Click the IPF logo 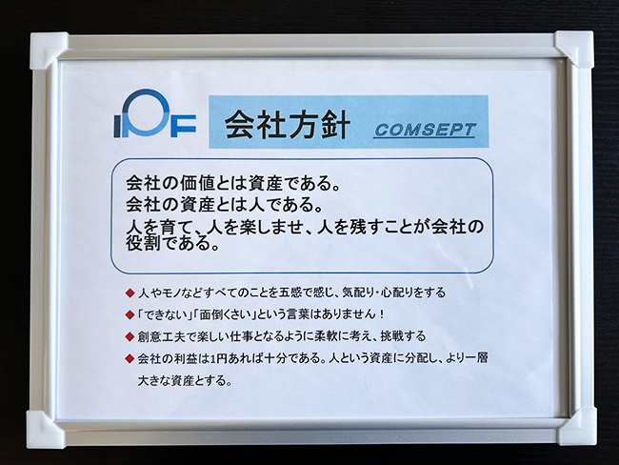(154, 113)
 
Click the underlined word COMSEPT (425, 131)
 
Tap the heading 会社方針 (288, 124)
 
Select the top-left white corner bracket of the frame (48, 51)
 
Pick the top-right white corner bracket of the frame (574, 50)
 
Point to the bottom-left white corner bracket (45, 430)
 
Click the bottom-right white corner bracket (576, 428)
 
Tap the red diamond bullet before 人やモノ (130, 293)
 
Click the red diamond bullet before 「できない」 (130, 314)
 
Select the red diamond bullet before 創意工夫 (130, 336)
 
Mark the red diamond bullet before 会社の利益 (130, 358)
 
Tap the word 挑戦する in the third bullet (403, 336)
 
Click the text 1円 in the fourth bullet (218, 358)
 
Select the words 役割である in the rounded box (168, 243)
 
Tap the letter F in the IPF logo (183, 126)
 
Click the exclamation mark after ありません (381, 314)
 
